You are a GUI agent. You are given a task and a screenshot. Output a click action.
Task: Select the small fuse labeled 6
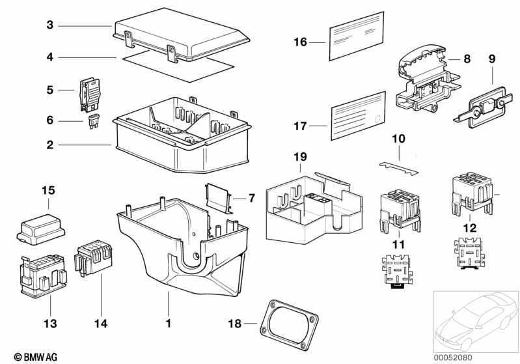[92, 122]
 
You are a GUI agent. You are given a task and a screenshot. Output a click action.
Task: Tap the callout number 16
[300, 43]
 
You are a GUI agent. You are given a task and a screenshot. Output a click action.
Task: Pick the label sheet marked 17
[357, 120]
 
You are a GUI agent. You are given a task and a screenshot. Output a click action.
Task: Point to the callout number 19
[299, 158]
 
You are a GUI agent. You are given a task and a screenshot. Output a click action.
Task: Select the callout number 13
[50, 324]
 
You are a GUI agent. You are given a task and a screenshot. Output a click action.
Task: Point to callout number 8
[466, 59]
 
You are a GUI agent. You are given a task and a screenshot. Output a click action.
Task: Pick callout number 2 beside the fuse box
[50, 145]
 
